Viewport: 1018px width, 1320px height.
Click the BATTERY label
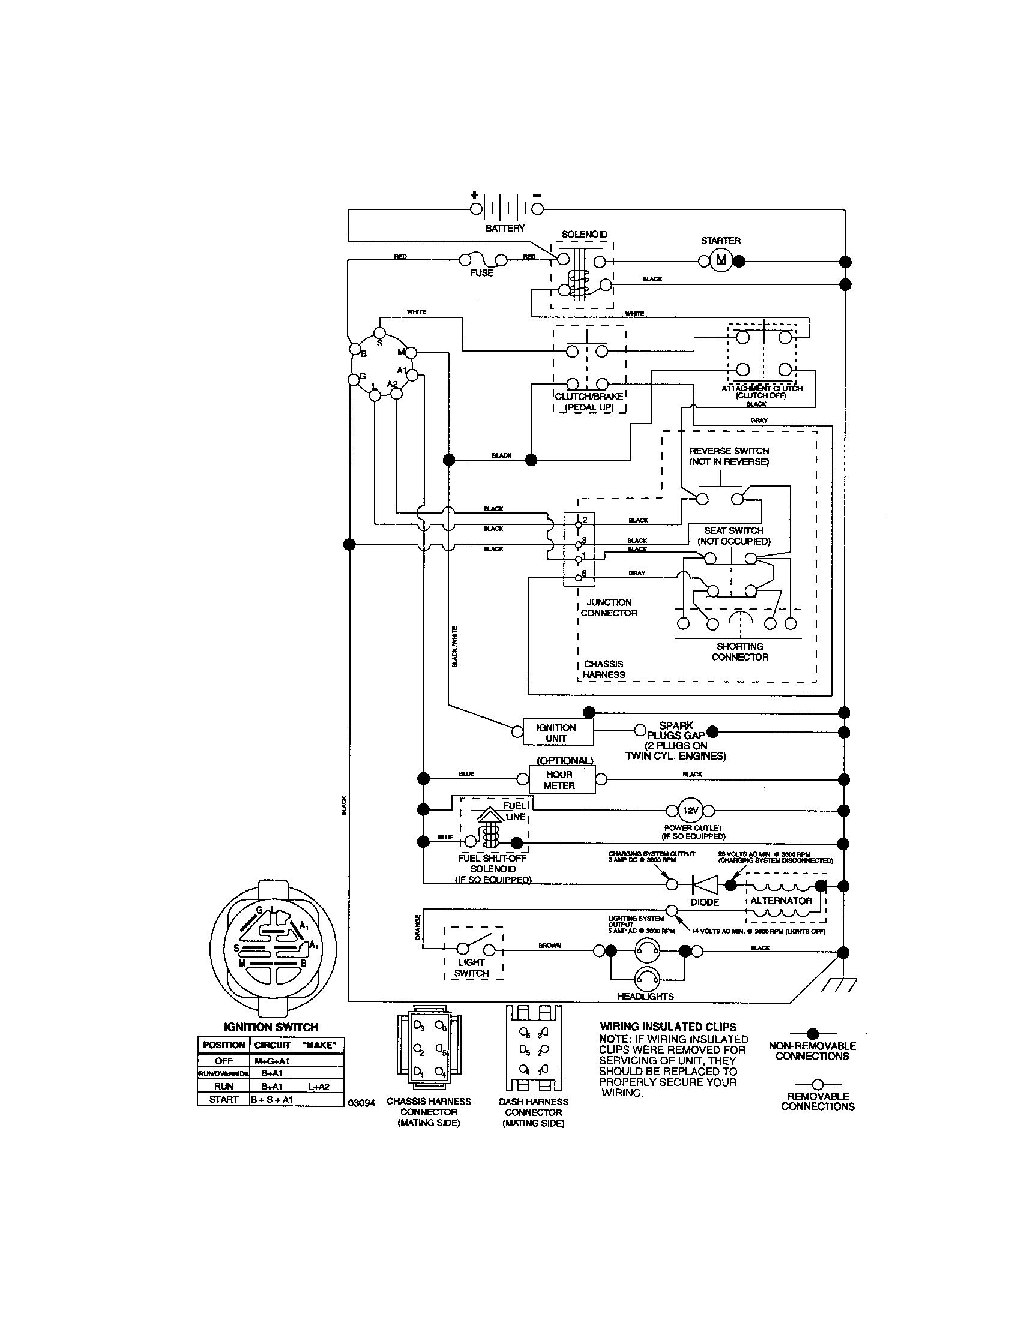pyautogui.click(x=505, y=229)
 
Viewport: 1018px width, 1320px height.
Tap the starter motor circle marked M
pyautogui.click(x=720, y=260)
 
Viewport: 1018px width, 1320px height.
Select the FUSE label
pyautogui.click(x=481, y=273)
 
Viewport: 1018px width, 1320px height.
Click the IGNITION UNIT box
pyautogui.click(x=556, y=733)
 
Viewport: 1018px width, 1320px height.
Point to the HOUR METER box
pyautogui.click(x=559, y=779)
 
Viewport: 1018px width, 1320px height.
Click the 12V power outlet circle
pyautogui.click(x=690, y=811)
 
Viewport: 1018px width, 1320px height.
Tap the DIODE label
pyautogui.click(x=704, y=902)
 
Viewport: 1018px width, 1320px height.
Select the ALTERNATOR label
pyautogui.click(x=781, y=901)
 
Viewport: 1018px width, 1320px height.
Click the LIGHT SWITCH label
pyautogui.click(x=471, y=968)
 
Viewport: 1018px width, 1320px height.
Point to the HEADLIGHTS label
pyautogui.click(x=645, y=997)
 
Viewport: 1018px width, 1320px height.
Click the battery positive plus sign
pyautogui.click(x=475, y=195)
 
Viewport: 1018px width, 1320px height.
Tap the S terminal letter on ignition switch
pyautogui.click(x=379, y=343)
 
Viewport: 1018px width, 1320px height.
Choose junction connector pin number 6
pyautogui.click(x=584, y=573)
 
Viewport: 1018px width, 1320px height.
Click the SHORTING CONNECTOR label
pyautogui.click(x=740, y=652)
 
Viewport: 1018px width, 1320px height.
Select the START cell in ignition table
pyautogui.click(x=223, y=1099)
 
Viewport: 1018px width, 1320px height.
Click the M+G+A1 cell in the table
pyautogui.click(x=272, y=1061)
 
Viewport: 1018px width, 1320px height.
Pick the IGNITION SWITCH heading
pyautogui.click(x=271, y=1027)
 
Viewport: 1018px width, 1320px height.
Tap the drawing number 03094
pyautogui.click(x=361, y=1103)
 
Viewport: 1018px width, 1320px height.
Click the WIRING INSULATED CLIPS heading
pyautogui.click(x=667, y=1027)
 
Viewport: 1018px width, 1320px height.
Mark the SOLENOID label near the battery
pyautogui.click(x=584, y=235)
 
